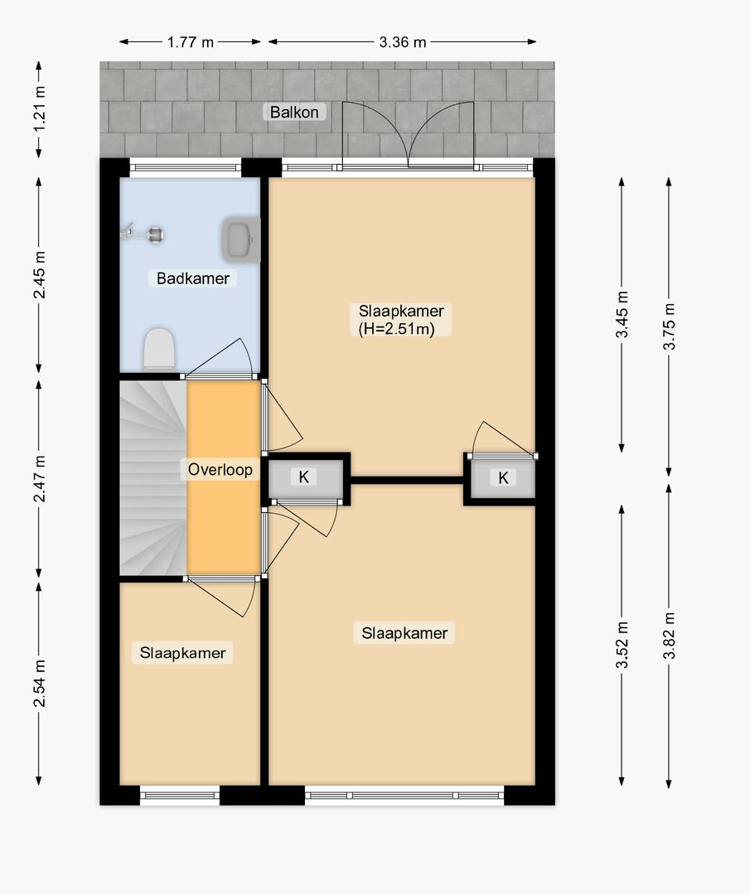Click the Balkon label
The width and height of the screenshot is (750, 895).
tap(294, 112)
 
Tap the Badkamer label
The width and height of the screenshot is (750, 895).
tap(193, 278)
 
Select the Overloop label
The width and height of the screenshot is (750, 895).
tap(220, 470)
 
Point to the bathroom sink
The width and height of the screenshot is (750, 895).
tap(241, 239)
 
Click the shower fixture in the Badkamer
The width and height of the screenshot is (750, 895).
tap(143, 233)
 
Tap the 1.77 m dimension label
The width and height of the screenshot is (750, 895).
tap(191, 42)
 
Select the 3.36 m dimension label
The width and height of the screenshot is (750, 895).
tap(403, 42)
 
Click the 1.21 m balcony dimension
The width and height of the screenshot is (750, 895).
tap(39, 109)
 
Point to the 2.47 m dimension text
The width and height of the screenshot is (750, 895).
tap(39, 479)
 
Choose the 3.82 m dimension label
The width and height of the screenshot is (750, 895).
tap(669, 636)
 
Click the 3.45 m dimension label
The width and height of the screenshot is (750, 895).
tap(622, 315)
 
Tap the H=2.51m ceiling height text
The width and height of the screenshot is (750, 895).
tap(397, 329)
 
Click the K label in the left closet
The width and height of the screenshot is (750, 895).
tap(303, 477)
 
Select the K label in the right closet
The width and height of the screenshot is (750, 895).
tap(503, 478)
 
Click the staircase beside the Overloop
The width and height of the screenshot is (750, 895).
tap(153, 478)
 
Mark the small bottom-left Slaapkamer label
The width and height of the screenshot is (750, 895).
tap(182, 653)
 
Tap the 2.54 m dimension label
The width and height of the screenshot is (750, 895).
tap(39, 683)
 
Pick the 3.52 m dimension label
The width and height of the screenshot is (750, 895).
tap(622, 645)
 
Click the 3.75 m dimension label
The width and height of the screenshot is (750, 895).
tap(669, 327)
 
